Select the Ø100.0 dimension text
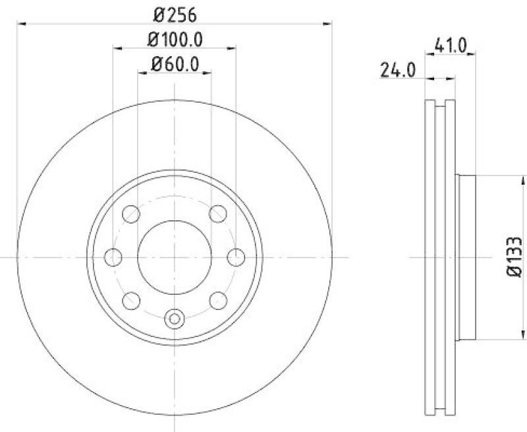pyautogui.click(x=174, y=40)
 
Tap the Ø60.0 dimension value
pyautogui.click(x=175, y=64)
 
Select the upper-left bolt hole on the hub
pyautogui.click(x=132, y=214)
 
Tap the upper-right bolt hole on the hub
pyautogui.click(x=217, y=214)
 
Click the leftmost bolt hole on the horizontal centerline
pyautogui.click(x=114, y=257)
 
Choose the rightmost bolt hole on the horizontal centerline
pyautogui.click(x=235, y=257)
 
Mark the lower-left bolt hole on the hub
pyautogui.click(x=132, y=300)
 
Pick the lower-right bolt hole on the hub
pyautogui.click(x=217, y=300)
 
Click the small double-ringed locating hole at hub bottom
pyautogui.click(x=175, y=319)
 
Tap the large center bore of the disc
pyautogui.click(x=175, y=257)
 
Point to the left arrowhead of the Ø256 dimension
pyautogui.click(x=21, y=24)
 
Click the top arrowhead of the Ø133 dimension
pyautogui.click(x=524, y=179)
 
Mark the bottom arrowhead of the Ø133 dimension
pyautogui.click(x=524, y=336)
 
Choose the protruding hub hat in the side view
pyautogui.click(x=464, y=257)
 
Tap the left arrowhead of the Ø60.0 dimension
pyautogui.click(x=141, y=74)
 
